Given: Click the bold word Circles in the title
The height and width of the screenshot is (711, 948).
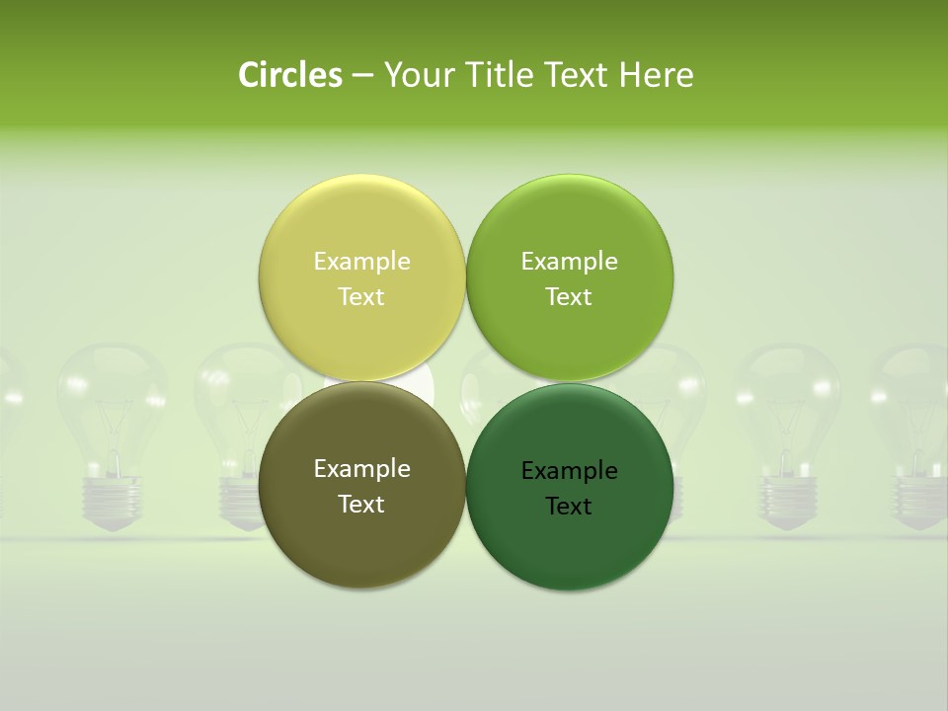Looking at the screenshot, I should pyautogui.click(x=290, y=75).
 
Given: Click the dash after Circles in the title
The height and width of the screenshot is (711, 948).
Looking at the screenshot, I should pyautogui.click(x=362, y=76).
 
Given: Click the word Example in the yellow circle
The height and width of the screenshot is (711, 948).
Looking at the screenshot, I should pyautogui.click(x=361, y=262).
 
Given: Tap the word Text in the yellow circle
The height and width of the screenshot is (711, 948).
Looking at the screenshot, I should pyautogui.click(x=361, y=297).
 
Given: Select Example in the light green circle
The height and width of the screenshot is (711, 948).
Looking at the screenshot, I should pyautogui.click(x=569, y=262).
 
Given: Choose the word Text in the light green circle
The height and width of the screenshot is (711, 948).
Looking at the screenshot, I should pyautogui.click(x=569, y=297).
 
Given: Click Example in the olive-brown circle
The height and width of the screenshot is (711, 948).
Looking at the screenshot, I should pyautogui.click(x=361, y=469).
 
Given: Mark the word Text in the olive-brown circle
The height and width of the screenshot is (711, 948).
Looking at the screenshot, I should pyautogui.click(x=361, y=505).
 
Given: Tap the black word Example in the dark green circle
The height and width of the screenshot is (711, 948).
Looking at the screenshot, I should pyautogui.click(x=569, y=471).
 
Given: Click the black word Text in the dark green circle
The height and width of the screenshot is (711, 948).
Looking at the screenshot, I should pyautogui.click(x=569, y=507).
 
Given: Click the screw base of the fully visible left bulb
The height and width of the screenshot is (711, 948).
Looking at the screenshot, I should pyautogui.click(x=112, y=500).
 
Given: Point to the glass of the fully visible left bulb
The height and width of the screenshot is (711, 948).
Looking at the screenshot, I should pyautogui.click(x=112, y=395).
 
